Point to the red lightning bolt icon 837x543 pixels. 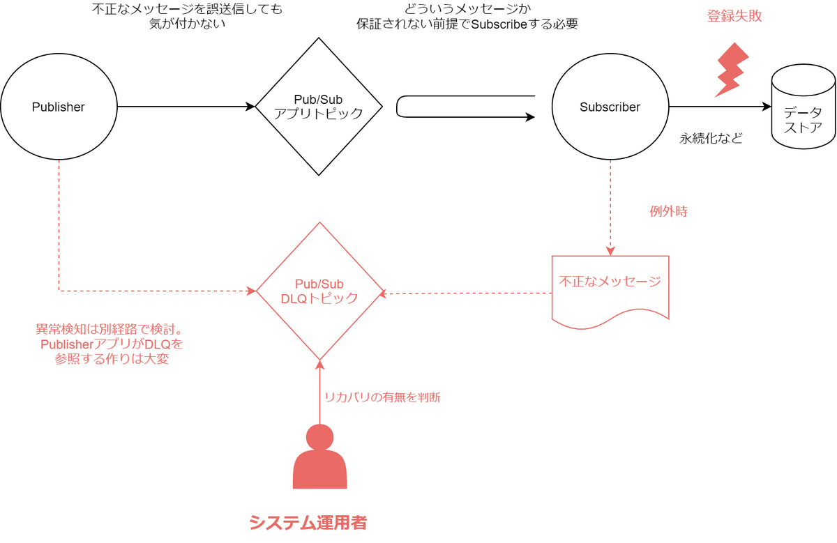pyautogui.click(x=732, y=70)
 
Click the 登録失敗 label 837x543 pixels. pyautogui.click(x=734, y=16)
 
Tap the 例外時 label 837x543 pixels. pyautogui.click(x=668, y=211)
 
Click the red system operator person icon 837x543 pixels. pyautogui.click(x=319, y=457)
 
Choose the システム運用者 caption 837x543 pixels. pyautogui.click(x=308, y=523)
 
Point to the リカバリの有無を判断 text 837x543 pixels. pyautogui.click(x=382, y=397)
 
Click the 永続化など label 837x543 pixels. pyautogui.click(x=711, y=139)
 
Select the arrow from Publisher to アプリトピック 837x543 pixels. pyautogui.click(x=186, y=107)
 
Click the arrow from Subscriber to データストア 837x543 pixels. pyautogui.click(x=720, y=107)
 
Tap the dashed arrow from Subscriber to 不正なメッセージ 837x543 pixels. pyautogui.click(x=610, y=208)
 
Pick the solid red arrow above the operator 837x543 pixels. pyautogui.click(x=320, y=392)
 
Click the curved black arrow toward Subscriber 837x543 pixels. pyautogui.click(x=397, y=107)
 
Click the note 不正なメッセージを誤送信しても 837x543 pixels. pyautogui.click(x=187, y=16)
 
